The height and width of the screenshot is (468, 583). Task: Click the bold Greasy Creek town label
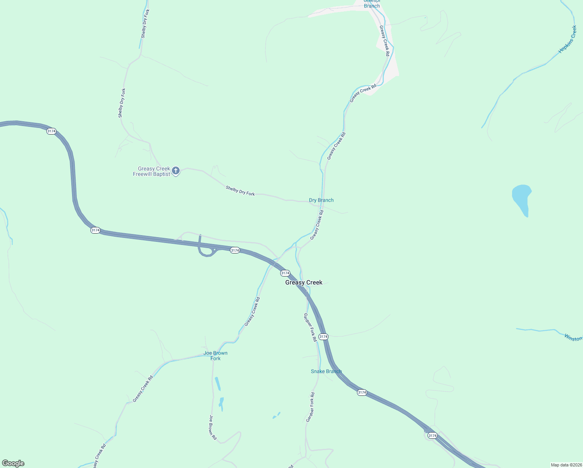(x=304, y=282)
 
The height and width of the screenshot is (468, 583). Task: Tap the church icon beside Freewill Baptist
(x=176, y=170)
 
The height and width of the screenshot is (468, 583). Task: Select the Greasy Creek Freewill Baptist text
(x=152, y=172)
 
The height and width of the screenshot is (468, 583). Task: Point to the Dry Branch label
(x=321, y=200)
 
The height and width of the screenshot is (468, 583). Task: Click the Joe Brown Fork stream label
(x=216, y=356)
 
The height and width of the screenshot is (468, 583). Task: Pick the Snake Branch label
(x=326, y=371)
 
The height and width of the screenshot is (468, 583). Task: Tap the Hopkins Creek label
(x=567, y=39)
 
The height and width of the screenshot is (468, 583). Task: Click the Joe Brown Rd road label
(x=212, y=427)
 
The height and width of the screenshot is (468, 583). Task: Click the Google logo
(x=13, y=463)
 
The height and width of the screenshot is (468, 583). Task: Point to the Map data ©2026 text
(x=566, y=465)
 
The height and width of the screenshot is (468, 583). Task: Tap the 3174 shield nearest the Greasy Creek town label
(x=285, y=273)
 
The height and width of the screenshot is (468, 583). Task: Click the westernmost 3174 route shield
(x=51, y=131)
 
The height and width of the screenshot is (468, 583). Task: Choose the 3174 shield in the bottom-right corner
(x=432, y=435)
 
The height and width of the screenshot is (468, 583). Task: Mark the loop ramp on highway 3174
(x=207, y=252)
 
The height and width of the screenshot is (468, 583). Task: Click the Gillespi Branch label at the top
(x=372, y=4)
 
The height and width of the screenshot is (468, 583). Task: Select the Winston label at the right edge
(x=572, y=338)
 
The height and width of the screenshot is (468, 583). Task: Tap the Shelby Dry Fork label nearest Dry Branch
(x=240, y=191)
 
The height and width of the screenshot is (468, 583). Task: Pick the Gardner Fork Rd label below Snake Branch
(x=310, y=407)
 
